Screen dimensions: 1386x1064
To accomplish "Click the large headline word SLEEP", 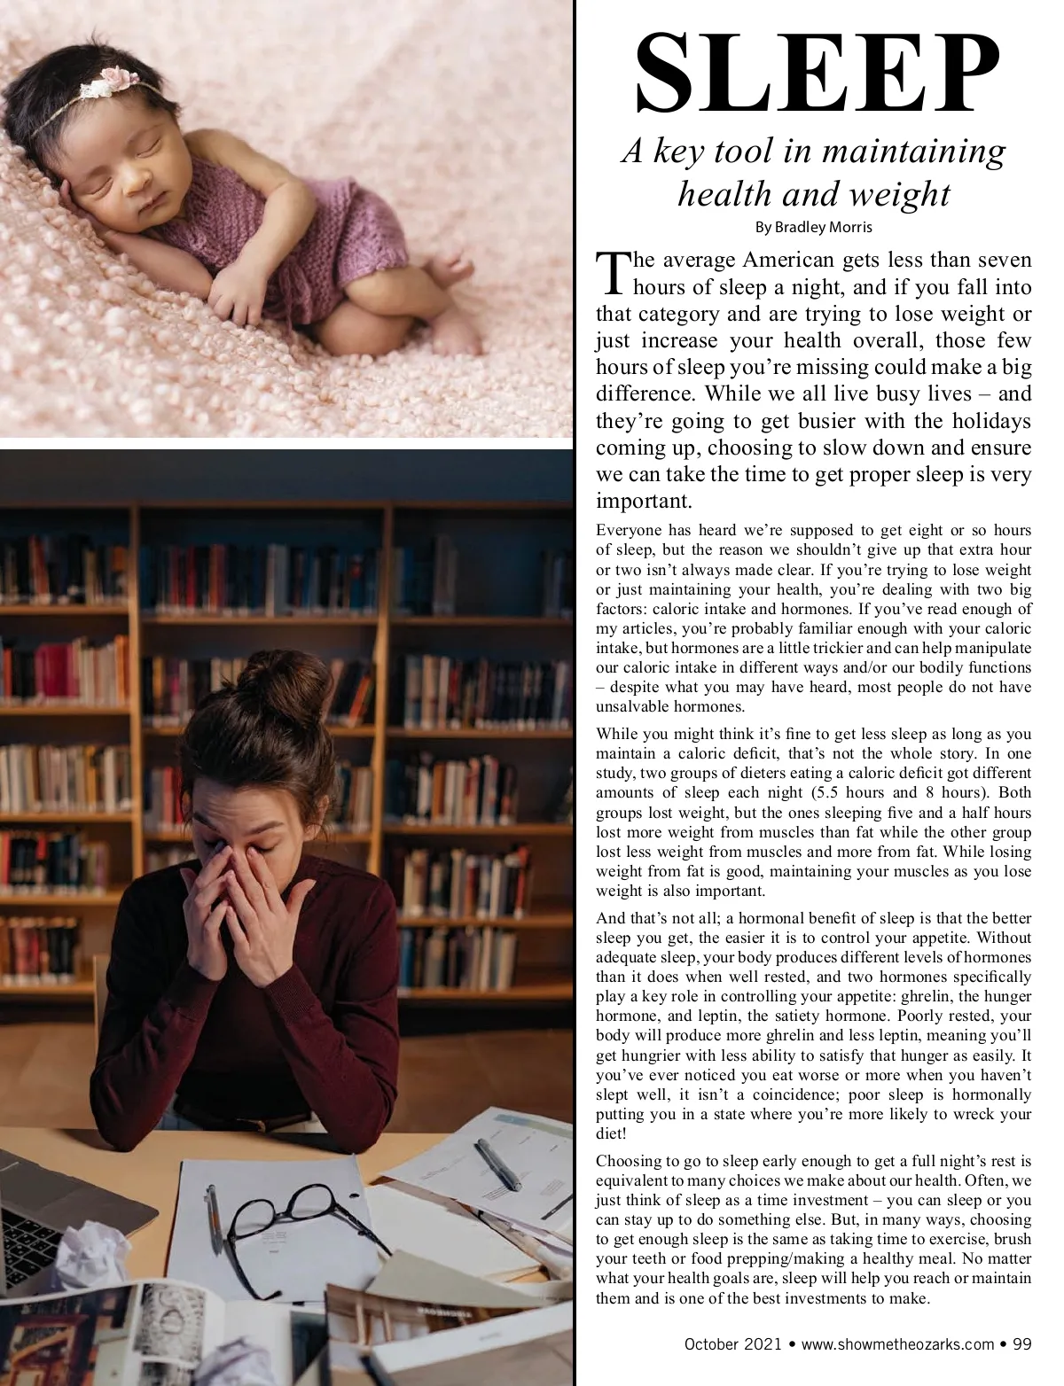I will [x=814, y=77].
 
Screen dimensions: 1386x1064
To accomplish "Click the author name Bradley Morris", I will [x=813, y=227].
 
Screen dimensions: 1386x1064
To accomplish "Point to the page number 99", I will [x=1021, y=1344].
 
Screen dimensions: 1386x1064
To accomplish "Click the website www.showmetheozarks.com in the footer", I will [x=897, y=1344].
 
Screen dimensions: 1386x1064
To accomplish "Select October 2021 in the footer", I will [x=733, y=1344].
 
